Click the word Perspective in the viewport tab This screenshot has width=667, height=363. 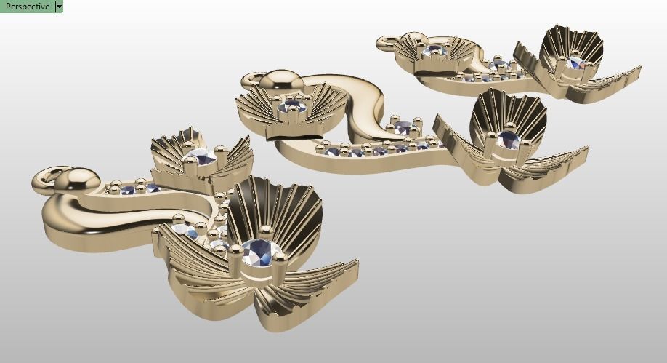pos(27,7)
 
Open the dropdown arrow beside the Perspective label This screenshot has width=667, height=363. pos(59,7)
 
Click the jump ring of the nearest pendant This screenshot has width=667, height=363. pos(46,177)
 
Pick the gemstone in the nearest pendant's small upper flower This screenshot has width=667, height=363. pos(201,156)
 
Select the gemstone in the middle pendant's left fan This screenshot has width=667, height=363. pos(294,108)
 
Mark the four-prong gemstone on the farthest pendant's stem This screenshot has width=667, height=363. pos(499,65)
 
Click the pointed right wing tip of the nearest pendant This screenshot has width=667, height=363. pos(355,263)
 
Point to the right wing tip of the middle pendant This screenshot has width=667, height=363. pos(586,151)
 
